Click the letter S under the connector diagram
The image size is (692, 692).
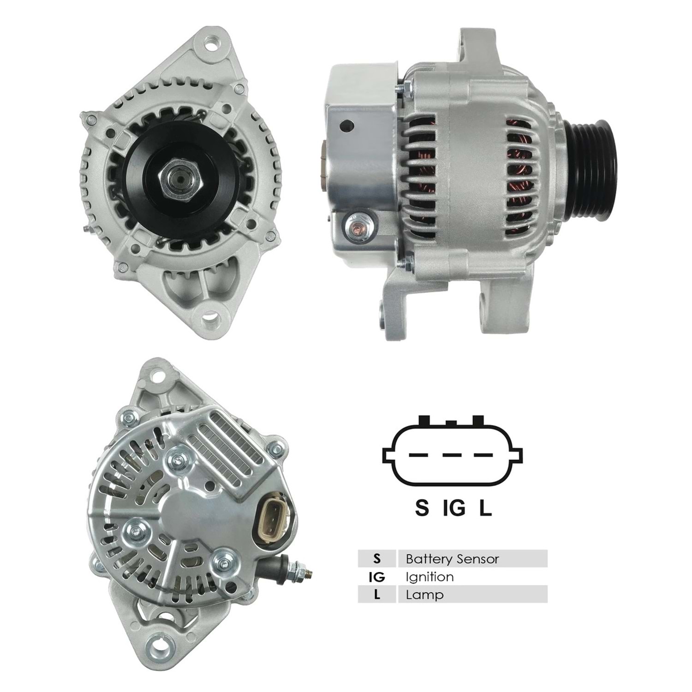tap(422, 508)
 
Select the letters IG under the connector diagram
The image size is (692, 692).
tap(454, 508)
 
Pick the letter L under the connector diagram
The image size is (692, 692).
tap(485, 508)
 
